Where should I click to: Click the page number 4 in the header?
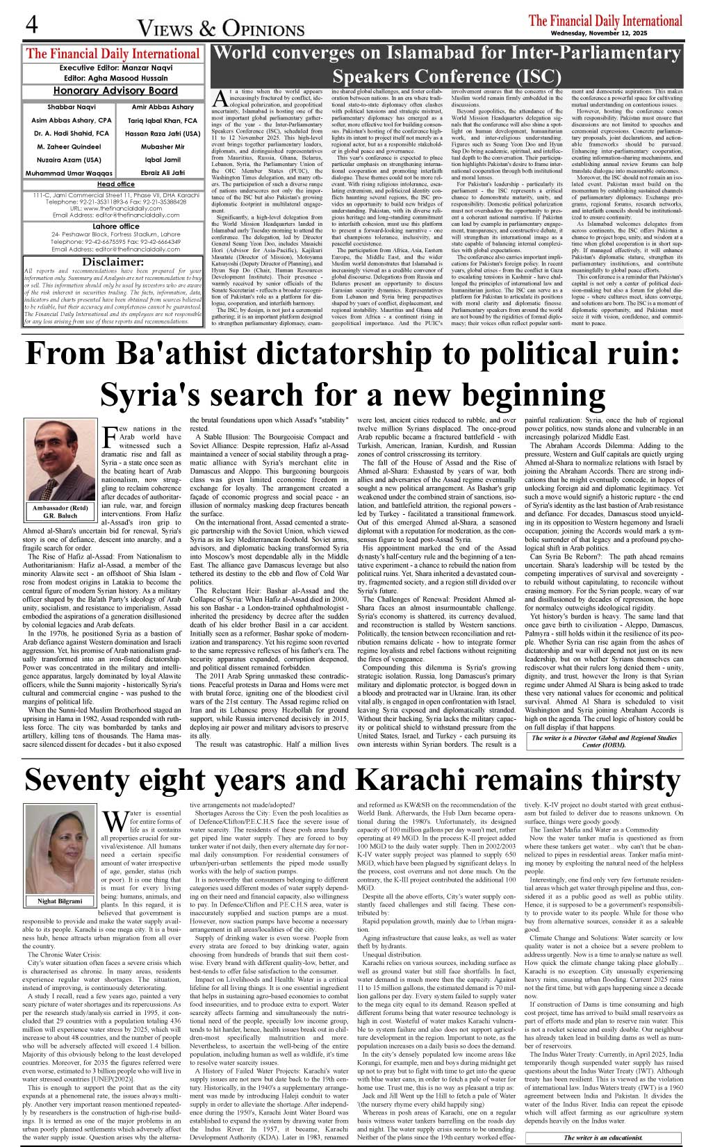click(32, 24)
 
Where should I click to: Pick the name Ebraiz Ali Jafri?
click(163, 173)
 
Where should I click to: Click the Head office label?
click(115, 184)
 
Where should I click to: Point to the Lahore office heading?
click(116, 226)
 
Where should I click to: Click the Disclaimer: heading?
click(113, 262)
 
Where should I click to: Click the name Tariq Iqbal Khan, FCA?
click(163, 120)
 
